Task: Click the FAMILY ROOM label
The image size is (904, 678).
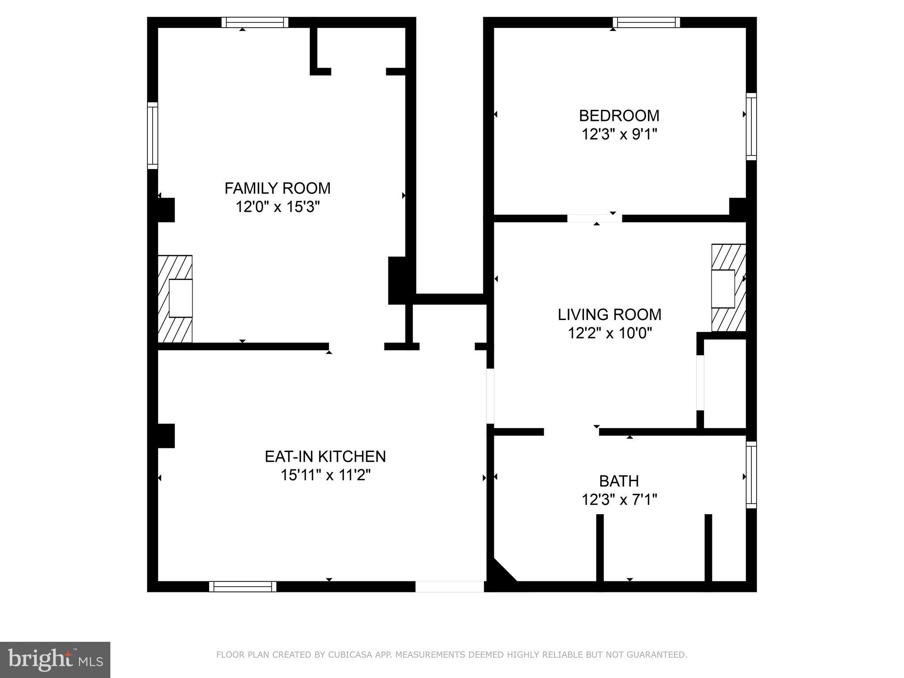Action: point(277,188)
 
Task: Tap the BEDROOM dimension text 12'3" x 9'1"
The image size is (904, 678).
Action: point(619,134)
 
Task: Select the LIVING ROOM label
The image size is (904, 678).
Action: point(609,315)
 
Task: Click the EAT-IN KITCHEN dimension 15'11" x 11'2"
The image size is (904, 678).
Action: point(325,475)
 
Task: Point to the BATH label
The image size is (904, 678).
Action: point(619,481)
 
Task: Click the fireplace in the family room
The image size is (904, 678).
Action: point(176,298)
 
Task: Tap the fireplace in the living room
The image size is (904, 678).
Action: point(728,288)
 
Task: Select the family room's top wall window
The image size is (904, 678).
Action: point(255,23)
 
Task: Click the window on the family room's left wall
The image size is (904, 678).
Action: point(152,136)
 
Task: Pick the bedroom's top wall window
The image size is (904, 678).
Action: point(646,23)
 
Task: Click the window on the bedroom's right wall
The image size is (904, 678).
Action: point(751,127)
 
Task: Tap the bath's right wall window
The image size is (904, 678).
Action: point(751,475)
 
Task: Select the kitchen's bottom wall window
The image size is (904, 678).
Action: point(242,586)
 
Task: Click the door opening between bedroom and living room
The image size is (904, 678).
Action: point(594,218)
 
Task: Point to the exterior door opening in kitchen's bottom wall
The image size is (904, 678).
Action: point(449,586)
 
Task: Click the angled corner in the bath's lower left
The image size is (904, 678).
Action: point(502,573)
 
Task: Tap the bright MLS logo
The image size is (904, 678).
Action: point(55,659)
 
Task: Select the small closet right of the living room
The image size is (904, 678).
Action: point(724,383)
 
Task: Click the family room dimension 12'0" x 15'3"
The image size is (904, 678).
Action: point(277,207)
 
